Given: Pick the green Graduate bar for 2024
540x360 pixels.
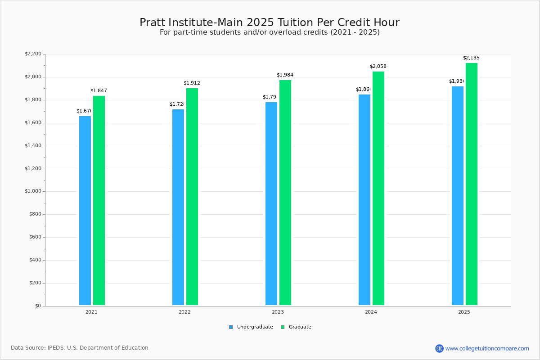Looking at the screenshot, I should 378,189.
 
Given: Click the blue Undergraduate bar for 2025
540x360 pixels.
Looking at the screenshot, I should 458,196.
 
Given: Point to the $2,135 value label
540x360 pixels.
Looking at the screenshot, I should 471,58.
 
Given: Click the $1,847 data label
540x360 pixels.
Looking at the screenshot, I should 99,91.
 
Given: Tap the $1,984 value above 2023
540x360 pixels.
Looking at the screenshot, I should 285,75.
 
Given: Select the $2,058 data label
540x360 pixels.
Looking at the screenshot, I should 378,67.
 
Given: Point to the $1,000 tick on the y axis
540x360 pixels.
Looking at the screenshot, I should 34,191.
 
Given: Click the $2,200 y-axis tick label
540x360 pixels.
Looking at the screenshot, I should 33,54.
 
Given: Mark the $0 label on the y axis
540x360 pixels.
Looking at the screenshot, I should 38,306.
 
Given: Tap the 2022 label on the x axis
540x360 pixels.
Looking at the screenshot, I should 184,312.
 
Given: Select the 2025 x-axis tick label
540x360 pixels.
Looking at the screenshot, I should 464,312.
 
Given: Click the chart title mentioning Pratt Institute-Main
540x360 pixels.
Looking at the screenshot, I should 270,22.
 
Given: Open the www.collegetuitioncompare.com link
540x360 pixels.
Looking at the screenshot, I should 487,348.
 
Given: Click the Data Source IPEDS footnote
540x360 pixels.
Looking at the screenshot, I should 80,348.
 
